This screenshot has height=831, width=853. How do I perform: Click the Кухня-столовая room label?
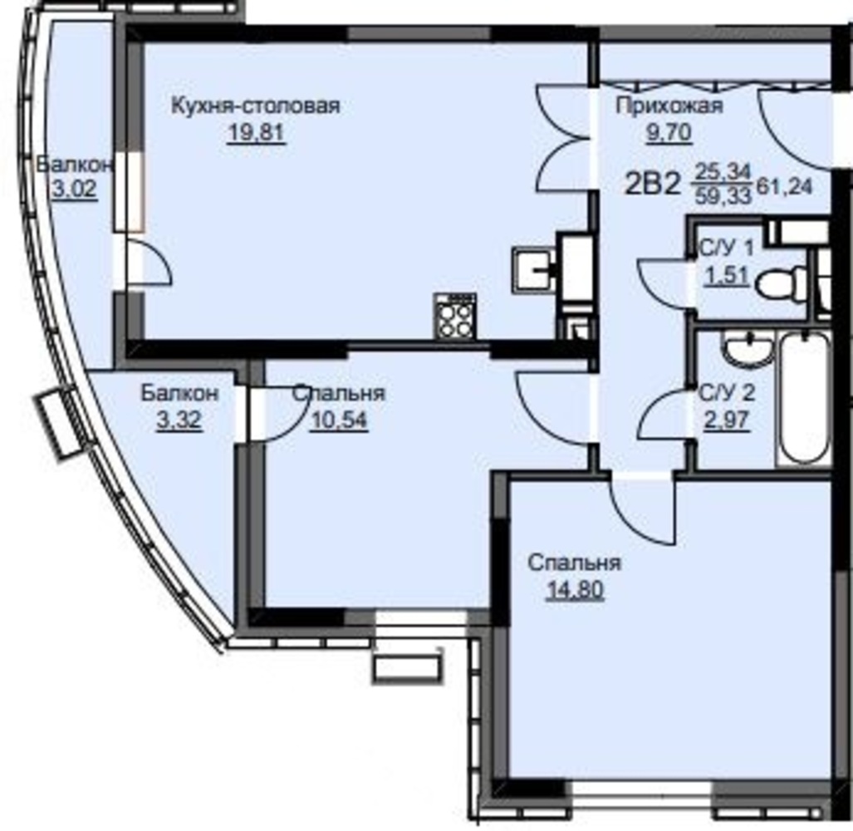click(x=255, y=105)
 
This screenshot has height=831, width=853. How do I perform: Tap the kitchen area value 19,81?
click(x=256, y=133)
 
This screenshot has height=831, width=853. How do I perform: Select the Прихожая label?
click(x=669, y=106)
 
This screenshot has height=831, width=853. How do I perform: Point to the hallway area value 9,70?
click(x=669, y=132)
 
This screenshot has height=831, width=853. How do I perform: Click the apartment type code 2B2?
click(x=652, y=184)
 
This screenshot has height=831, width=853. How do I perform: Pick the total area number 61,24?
click(x=784, y=187)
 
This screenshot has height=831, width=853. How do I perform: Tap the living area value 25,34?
click(x=723, y=173)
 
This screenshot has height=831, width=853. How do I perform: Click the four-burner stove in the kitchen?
click(x=455, y=316)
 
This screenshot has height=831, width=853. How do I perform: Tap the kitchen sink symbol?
click(x=532, y=270)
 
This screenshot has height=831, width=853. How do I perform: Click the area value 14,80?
click(x=575, y=590)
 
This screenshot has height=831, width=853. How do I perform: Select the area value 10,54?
click(x=338, y=420)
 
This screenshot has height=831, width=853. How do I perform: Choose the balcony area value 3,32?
click(x=179, y=420)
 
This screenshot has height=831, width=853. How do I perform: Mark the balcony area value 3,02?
click(x=75, y=189)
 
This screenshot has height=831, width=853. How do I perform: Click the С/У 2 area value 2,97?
click(x=727, y=420)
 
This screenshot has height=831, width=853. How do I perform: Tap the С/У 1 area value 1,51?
click(x=727, y=277)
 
